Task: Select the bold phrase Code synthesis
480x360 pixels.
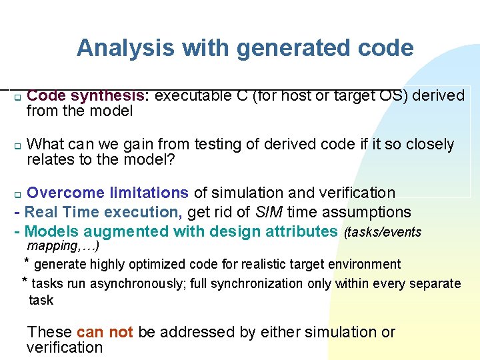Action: pos(88,96)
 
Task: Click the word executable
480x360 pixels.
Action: pos(195,96)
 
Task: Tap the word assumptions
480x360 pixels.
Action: pos(371,213)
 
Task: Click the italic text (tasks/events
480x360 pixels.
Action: pos(383,232)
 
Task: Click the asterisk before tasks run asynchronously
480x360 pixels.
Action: pos(25,281)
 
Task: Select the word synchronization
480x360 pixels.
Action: pos(261,283)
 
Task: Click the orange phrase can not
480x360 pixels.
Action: pos(105,332)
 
